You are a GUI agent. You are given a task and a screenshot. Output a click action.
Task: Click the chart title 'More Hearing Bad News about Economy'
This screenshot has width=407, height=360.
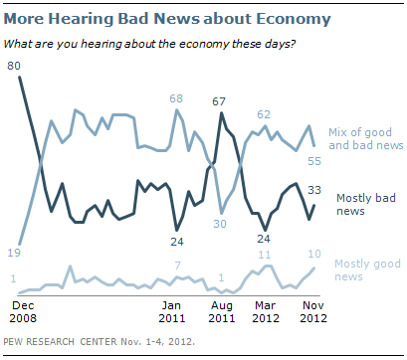point(167,19)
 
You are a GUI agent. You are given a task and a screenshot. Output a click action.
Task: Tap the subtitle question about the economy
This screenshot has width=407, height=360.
point(149,44)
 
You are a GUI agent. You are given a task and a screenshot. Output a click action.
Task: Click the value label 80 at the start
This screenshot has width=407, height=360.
point(14,66)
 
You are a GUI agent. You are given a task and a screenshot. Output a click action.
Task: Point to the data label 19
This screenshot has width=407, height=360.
point(14,253)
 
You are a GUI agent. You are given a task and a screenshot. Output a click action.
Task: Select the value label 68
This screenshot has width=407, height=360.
point(176,98)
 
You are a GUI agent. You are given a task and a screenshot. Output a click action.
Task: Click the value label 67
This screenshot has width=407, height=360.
point(219,101)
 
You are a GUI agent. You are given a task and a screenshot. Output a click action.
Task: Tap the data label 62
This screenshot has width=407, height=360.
point(264,114)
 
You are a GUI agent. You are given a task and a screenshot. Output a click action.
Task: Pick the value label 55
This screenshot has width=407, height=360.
point(314,161)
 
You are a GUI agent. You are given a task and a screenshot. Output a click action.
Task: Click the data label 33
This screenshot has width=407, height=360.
point(314,190)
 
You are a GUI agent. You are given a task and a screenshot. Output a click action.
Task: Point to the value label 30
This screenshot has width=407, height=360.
point(220,224)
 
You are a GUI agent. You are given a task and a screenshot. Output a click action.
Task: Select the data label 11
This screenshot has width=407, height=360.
point(265,255)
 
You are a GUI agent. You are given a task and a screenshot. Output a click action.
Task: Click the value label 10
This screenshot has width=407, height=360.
point(314,254)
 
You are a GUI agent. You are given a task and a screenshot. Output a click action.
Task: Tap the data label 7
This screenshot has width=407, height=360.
point(178,266)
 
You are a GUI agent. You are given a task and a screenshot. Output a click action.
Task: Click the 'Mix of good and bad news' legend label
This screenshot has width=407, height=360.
point(366,139)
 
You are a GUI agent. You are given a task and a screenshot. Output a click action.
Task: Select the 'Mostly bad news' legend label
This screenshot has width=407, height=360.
point(366,204)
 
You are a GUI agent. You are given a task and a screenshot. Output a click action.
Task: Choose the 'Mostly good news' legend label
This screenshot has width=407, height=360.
point(367,270)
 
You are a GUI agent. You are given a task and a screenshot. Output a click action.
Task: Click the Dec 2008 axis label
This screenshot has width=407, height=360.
point(23,312)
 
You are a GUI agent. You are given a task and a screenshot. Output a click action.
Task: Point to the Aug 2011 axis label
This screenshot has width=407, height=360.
point(222,312)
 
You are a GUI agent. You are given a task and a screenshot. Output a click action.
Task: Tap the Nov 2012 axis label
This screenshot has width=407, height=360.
point(313,312)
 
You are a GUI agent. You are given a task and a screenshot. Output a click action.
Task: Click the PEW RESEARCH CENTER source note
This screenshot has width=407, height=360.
point(99,342)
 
